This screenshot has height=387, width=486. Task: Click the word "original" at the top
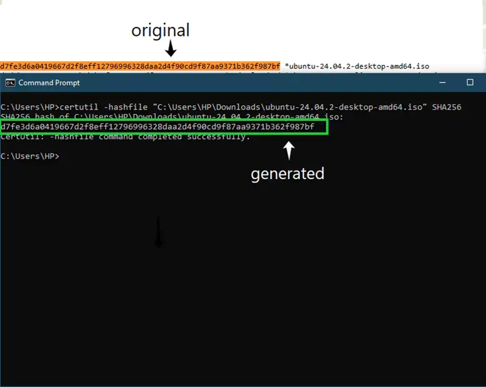pyautogui.click(x=160, y=30)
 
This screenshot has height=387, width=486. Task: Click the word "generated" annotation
pyautogui.click(x=287, y=174)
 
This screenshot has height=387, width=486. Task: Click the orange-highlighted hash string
pyautogui.click(x=140, y=66)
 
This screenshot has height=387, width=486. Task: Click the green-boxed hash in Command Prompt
pyautogui.click(x=158, y=126)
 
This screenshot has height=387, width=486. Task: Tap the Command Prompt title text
pyautogui.click(x=49, y=83)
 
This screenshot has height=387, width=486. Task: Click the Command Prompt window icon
pyautogui.click(x=10, y=83)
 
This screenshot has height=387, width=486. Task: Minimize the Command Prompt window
pyautogui.click(x=442, y=83)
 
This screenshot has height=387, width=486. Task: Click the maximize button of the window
pyautogui.click(x=470, y=83)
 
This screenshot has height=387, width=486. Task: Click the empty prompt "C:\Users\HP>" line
pyautogui.click(x=30, y=157)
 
